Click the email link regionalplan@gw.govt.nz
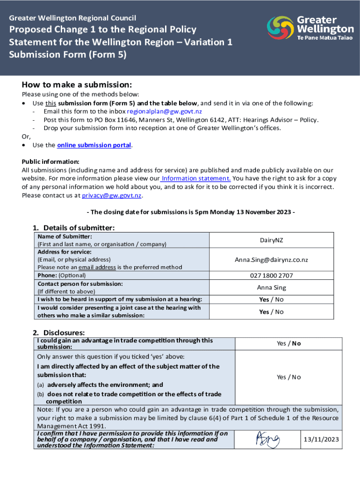(x=164, y=111)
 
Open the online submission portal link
(x=94, y=145)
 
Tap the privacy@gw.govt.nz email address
(x=111, y=196)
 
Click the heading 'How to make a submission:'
(x=77, y=85)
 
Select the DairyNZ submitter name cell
(x=271, y=240)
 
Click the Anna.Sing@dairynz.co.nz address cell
(x=271, y=260)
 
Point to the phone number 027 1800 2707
(x=271, y=276)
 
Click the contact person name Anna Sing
(x=271, y=288)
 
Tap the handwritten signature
(x=267, y=439)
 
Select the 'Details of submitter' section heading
(x=73, y=228)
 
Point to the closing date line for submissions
(x=191, y=212)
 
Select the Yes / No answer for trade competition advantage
(x=288, y=343)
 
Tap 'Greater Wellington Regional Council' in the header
(x=73, y=18)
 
